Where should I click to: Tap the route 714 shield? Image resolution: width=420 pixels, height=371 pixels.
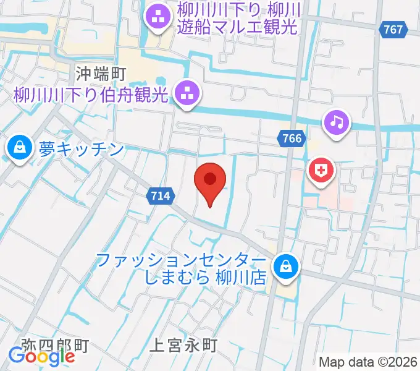pyautogui.click(x=159, y=196)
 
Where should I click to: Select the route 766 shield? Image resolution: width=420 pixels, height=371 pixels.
pyautogui.click(x=291, y=139)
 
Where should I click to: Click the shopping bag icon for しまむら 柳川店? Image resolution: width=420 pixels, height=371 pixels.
pyautogui.click(x=285, y=268)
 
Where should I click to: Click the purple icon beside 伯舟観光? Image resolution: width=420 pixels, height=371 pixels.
pyautogui.click(x=187, y=95)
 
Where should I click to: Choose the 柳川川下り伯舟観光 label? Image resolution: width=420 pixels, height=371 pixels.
pyautogui.click(x=91, y=95)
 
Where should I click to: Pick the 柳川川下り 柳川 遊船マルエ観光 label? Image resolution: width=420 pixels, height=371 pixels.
pyautogui.click(x=237, y=18)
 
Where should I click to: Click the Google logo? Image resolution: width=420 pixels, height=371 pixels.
pyautogui.click(x=42, y=356)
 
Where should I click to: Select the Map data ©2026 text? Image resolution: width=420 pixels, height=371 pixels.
pyautogui.click(x=368, y=362)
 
